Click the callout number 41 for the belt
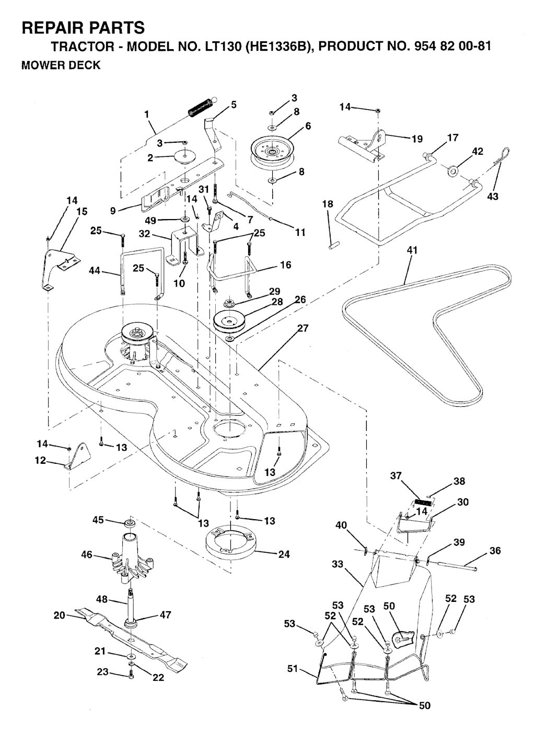tap(412, 250)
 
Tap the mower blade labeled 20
tap(131, 635)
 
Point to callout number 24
tap(284, 554)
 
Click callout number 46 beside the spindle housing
tap(87, 554)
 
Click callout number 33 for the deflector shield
tap(338, 564)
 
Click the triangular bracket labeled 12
tap(76, 456)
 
